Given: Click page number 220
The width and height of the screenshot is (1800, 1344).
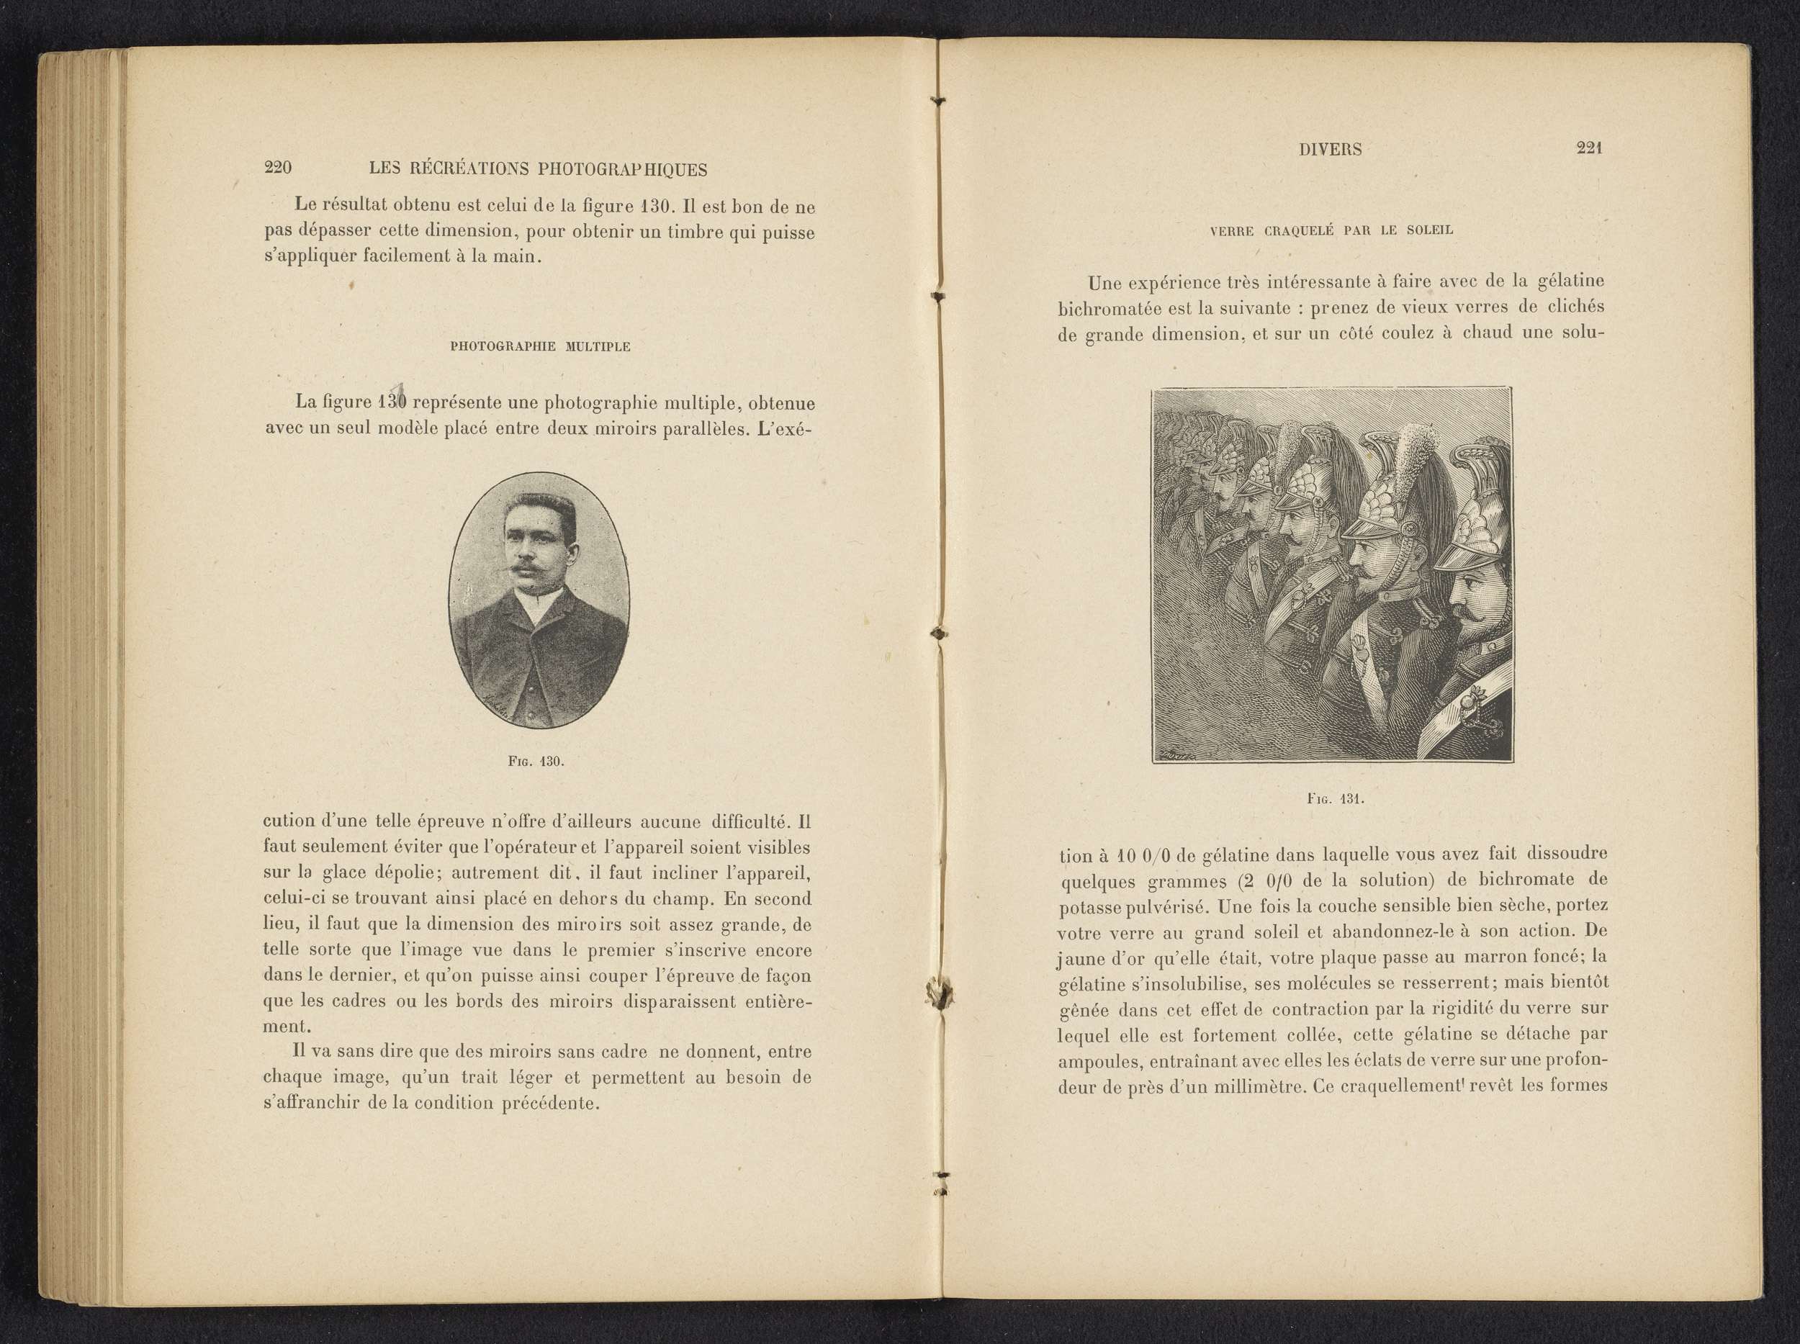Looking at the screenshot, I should pyautogui.click(x=279, y=168).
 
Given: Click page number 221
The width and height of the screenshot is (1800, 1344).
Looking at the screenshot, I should pyautogui.click(x=1589, y=148).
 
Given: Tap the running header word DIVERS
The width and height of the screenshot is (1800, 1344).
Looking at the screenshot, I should pyautogui.click(x=1331, y=149).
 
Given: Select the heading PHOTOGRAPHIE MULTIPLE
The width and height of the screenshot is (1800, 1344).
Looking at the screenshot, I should pyautogui.click(x=540, y=346).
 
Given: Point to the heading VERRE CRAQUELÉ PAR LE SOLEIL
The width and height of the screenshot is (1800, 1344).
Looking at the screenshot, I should pyautogui.click(x=1331, y=230).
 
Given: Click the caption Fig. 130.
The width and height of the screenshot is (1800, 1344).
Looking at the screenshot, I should pyautogui.click(x=536, y=762).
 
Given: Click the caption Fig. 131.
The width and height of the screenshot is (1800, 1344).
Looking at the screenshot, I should pyautogui.click(x=1335, y=798).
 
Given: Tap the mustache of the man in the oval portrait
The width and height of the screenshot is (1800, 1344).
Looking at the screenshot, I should pyautogui.click(x=525, y=564).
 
